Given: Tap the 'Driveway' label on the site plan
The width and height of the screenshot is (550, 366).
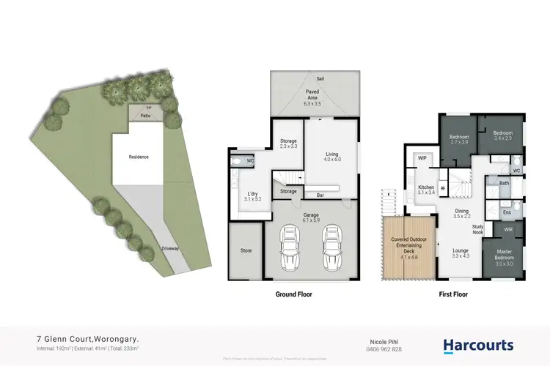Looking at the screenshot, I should (173, 249).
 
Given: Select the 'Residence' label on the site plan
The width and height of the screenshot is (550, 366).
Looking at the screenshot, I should (139, 157).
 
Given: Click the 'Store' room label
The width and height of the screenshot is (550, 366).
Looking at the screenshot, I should (246, 250).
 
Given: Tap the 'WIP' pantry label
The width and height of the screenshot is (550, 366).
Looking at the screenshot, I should (422, 158).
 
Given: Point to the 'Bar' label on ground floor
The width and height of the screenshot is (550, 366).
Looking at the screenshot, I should (320, 195).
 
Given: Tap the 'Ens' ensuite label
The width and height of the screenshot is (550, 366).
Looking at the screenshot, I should (506, 212).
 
